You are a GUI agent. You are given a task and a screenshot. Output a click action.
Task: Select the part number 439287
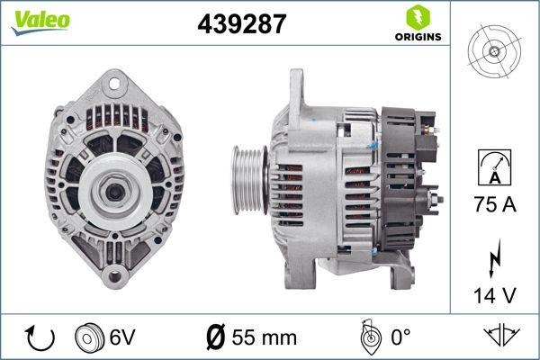tap(241, 24)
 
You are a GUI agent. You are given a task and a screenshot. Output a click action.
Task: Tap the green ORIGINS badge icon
tap(416, 17)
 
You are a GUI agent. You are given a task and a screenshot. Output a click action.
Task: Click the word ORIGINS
tap(416, 38)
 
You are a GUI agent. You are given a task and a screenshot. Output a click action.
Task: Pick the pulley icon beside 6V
tap(92, 337)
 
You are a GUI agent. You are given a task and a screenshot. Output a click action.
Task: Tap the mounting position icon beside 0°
tap(366, 337)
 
